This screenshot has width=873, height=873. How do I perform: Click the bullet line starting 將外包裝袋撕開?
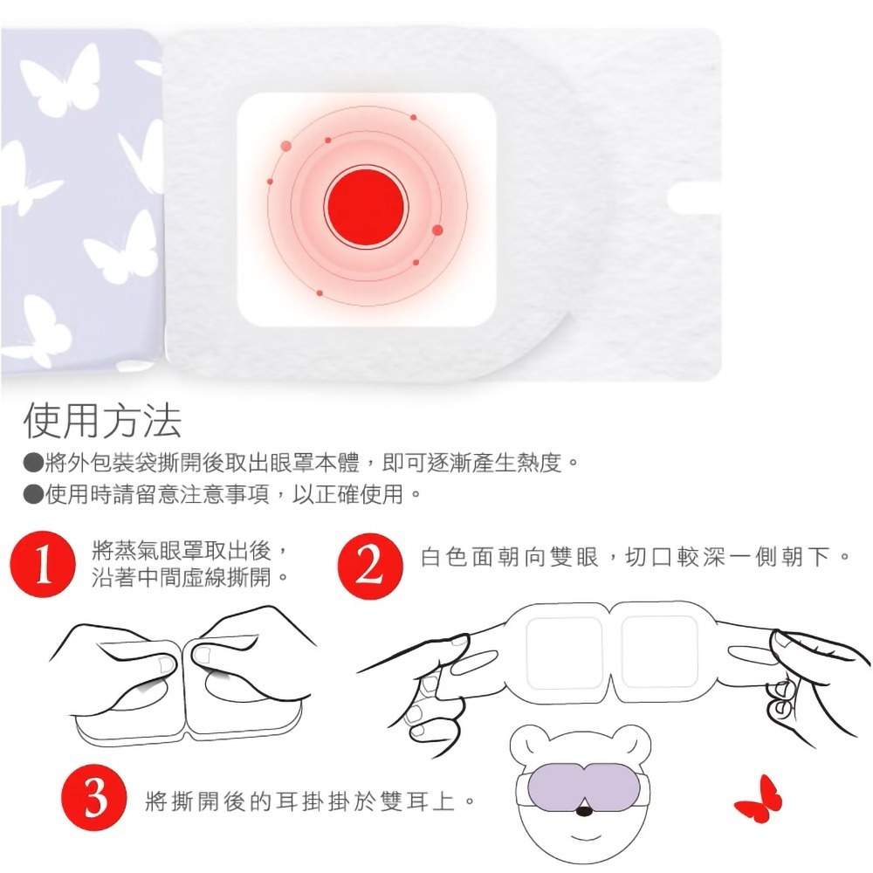click(301, 463)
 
